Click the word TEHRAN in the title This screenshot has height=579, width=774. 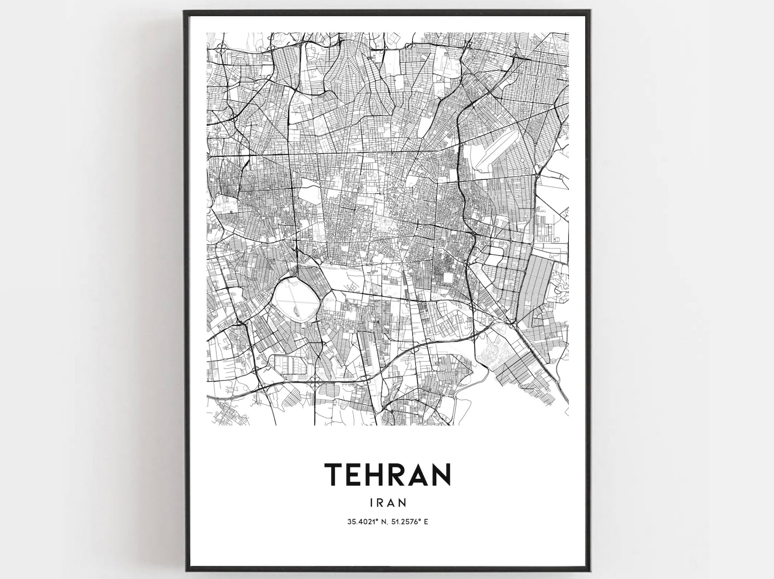pos(387,474)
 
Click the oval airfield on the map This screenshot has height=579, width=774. pos(296,298)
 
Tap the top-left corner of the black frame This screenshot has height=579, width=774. pos(185,11)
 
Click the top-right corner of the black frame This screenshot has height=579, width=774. pos(591,11)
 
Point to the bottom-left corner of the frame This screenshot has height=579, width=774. pos(186,569)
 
